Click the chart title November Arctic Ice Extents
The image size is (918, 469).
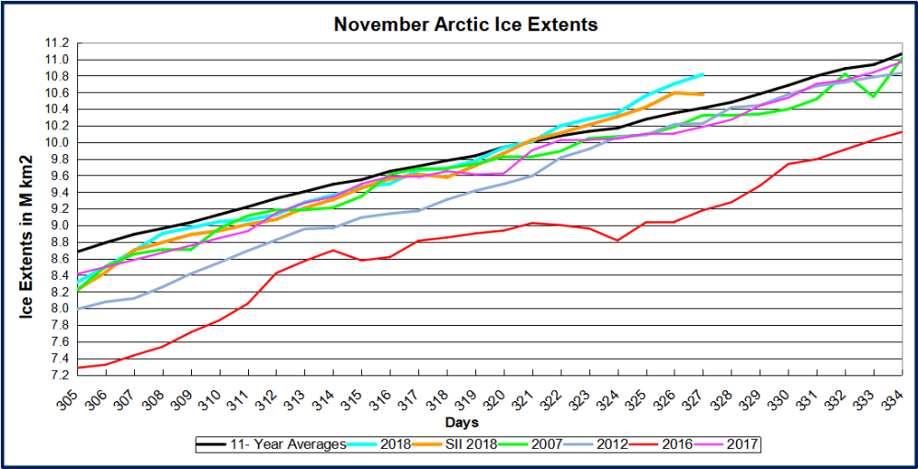coord(465,25)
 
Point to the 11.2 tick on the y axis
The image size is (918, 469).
coord(58,43)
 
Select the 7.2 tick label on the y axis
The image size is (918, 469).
coord(58,374)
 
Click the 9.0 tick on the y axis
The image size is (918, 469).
coord(58,226)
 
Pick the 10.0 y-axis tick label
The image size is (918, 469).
coord(58,143)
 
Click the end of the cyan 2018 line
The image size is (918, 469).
coord(703,74)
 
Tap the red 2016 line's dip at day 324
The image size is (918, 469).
coord(618,240)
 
